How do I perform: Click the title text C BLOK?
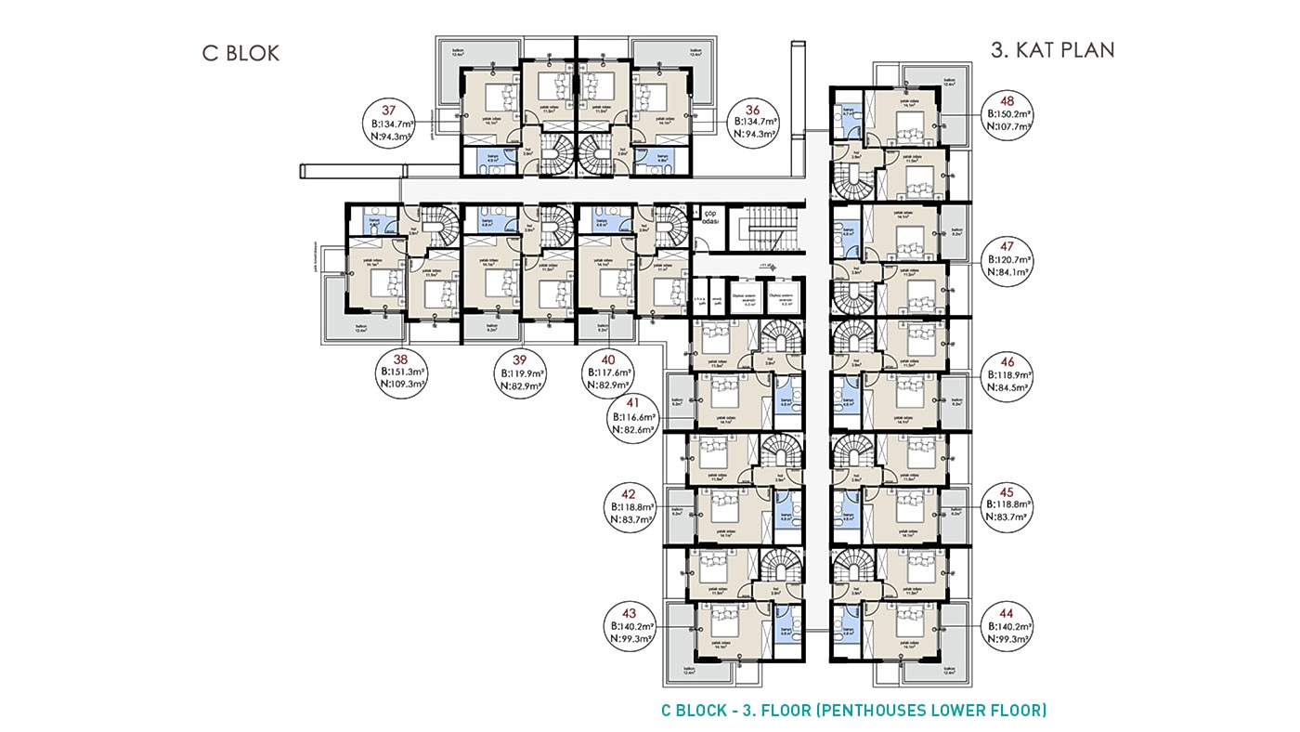pos(240,53)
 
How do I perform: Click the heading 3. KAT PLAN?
pos(1052,50)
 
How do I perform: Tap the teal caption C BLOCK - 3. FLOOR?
pos(853,711)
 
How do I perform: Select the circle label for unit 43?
pos(632,626)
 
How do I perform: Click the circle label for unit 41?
pos(632,416)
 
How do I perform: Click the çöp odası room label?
pos(711,215)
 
